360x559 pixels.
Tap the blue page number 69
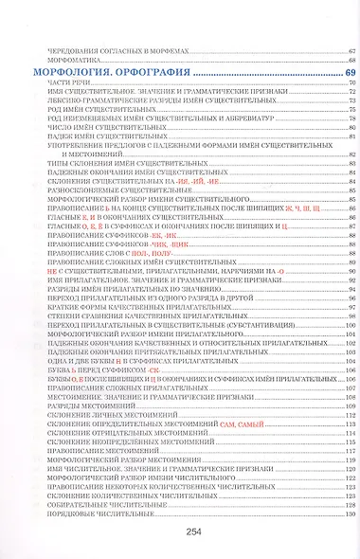point(350,73)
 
